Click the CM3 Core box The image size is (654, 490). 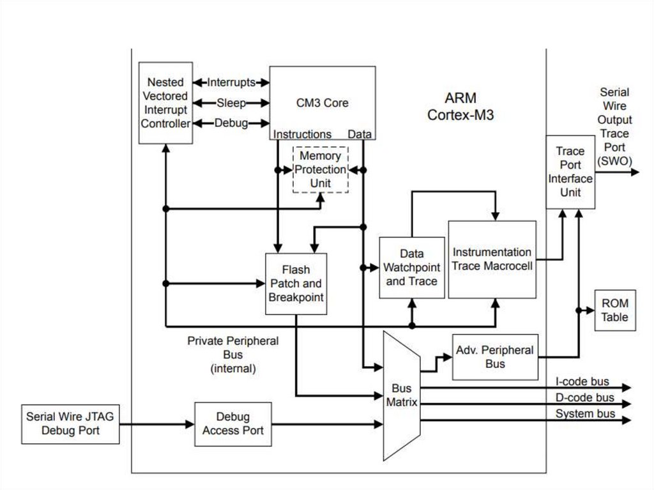[x=322, y=102]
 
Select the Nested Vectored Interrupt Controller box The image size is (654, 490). [x=165, y=102]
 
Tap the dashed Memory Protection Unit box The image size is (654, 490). [x=321, y=169]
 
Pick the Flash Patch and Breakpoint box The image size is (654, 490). [x=296, y=284]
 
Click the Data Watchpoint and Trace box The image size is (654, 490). [x=411, y=267]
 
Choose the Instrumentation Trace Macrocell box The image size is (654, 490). [x=492, y=259]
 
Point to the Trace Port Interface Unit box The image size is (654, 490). [x=570, y=171]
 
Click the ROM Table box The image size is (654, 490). [x=615, y=310]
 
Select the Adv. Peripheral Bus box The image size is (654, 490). [x=494, y=357]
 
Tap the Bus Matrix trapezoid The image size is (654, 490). [x=401, y=395]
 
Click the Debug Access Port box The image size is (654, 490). [x=232, y=424]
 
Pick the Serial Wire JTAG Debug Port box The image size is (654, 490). [x=70, y=424]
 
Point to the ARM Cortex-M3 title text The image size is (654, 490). [x=460, y=107]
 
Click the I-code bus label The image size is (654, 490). [x=582, y=382]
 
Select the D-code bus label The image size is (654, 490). [x=584, y=398]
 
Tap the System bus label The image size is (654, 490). [x=585, y=414]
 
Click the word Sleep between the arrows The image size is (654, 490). [x=231, y=103]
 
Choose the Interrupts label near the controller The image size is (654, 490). [x=231, y=82]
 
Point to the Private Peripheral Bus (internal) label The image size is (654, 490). [x=232, y=355]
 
